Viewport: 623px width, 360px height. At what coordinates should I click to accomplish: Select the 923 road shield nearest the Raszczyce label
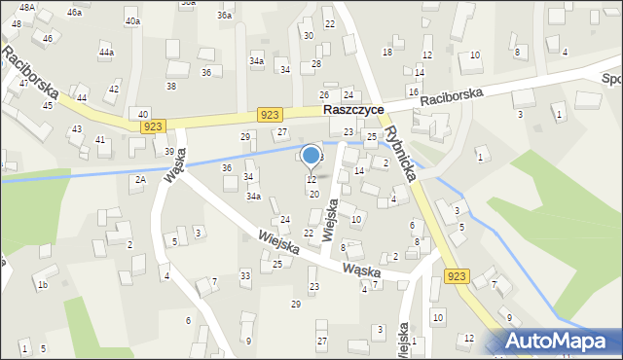tap(271, 115)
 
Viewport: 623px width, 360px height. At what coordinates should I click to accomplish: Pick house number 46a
tap(74, 12)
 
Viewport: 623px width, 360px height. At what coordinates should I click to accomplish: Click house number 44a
tap(106, 52)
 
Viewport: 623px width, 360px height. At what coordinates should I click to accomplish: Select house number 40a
tap(132, 20)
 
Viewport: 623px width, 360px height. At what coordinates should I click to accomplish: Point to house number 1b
tap(42, 285)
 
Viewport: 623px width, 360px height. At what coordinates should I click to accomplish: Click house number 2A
tap(140, 180)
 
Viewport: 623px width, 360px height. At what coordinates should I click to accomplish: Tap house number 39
tap(169, 152)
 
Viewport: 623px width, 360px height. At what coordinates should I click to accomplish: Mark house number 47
tap(23, 84)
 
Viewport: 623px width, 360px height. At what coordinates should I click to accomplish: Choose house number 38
tap(171, 87)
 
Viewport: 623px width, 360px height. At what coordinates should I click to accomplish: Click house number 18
tap(386, 52)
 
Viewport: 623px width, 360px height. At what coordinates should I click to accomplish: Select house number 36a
tap(225, 16)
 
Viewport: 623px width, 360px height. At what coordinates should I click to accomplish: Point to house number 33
tap(245, 276)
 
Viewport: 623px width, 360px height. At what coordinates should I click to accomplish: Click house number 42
tap(113, 89)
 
